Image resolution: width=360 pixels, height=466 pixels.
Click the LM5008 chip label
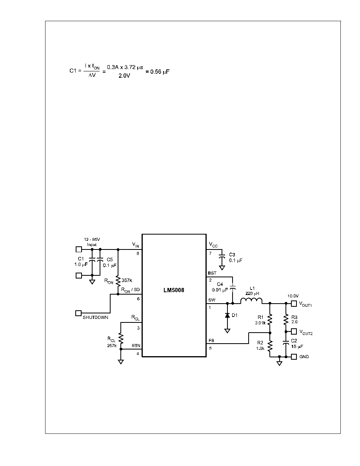pos(174,290)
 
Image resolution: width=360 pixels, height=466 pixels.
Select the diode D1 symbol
pos(227,315)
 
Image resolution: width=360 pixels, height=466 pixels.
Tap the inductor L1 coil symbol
pos(251,301)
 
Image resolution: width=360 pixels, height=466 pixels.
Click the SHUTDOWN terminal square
pos(78,313)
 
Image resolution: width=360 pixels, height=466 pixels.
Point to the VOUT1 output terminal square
pos(294,304)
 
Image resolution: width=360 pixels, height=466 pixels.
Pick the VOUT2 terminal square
pos(294,331)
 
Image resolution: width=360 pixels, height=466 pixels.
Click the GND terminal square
pos(294,356)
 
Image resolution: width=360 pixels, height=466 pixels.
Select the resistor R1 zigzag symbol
pos(270,319)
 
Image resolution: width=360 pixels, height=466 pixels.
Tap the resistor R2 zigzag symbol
pos(270,345)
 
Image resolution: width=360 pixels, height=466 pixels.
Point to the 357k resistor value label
pos(127,280)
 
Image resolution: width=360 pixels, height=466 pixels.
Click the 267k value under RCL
pos(112,346)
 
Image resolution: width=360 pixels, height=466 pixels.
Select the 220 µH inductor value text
pos(252,293)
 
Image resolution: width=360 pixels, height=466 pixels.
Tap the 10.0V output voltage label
pos(293,296)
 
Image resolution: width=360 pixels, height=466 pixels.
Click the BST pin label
pos(213,273)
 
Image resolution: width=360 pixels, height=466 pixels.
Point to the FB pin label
pos(211,340)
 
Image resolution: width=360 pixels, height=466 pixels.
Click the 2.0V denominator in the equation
pos(124,76)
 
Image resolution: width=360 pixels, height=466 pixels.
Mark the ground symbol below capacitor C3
pos(222,268)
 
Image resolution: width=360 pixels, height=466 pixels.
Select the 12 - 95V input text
pos(92,239)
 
